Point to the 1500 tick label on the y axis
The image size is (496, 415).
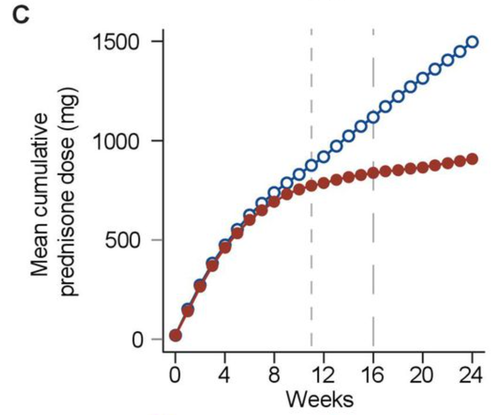coord(121,42)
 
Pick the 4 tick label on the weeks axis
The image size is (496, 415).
coord(225,377)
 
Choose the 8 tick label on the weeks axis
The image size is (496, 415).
coord(274,377)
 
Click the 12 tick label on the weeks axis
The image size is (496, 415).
coord(323,377)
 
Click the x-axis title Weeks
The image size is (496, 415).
coord(319,399)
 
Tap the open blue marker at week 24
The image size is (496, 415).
coord(472,42)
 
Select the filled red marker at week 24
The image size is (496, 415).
coord(472,159)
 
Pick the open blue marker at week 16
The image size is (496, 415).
coord(373,117)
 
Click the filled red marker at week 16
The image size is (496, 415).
coord(373,173)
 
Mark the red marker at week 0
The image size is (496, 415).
coord(175,335)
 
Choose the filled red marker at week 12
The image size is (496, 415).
coord(324,183)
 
